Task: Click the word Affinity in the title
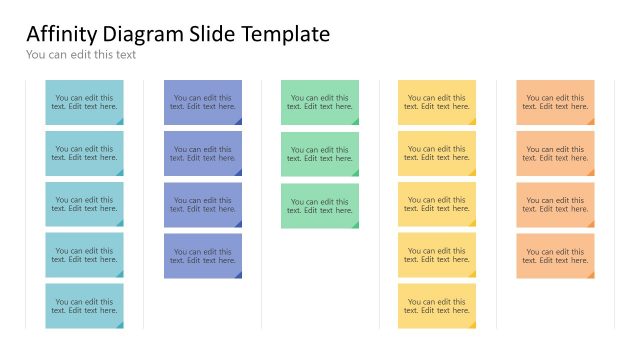(x=58, y=34)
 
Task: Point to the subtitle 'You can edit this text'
(x=81, y=55)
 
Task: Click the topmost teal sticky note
(x=84, y=102)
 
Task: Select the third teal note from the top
(x=84, y=204)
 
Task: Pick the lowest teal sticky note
(x=84, y=306)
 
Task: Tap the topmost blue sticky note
(x=203, y=102)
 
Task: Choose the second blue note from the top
(x=203, y=153)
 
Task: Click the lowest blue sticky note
(x=203, y=255)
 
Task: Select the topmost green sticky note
(x=320, y=102)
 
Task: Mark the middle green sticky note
(x=320, y=153)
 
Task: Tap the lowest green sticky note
(x=320, y=204)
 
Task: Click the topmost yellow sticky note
(x=437, y=102)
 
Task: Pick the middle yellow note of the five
(x=437, y=204)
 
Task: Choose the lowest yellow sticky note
(x=437, y=306)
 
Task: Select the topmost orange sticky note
(x=555, y=102)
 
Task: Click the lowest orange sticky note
(x=555, y=255)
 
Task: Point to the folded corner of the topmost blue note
(x=238, y=121)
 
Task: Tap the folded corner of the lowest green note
(x=355, y=224)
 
